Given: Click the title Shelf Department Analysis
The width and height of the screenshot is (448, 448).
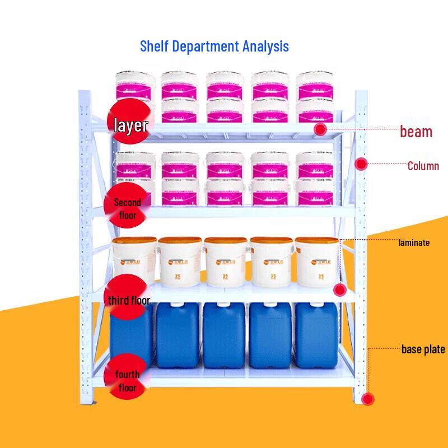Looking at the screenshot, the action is (214, 45).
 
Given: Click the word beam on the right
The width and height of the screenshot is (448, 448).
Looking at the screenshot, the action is (416, 132).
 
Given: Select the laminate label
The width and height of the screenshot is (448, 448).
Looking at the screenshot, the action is (414, 243).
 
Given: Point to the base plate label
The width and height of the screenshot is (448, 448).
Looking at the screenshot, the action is (423, 349).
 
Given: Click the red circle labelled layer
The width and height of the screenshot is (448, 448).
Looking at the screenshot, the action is (129, 124).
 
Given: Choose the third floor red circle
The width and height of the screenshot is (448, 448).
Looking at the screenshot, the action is (128, 300).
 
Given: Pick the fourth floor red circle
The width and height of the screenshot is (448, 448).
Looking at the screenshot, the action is (127, 381).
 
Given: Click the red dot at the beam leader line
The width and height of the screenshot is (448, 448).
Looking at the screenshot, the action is (320, 129).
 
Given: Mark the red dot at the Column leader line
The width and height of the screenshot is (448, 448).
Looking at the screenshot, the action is (362, 164).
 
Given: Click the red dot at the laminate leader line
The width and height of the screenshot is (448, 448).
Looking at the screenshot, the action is (339, 290).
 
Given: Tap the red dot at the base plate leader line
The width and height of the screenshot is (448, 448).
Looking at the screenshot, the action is (367, 399).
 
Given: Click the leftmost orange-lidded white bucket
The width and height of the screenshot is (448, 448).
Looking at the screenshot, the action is (134, 260).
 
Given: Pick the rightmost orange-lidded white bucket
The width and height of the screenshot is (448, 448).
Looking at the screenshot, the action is (316, 260).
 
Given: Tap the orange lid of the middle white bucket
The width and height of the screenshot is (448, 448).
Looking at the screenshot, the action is (225, 242).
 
